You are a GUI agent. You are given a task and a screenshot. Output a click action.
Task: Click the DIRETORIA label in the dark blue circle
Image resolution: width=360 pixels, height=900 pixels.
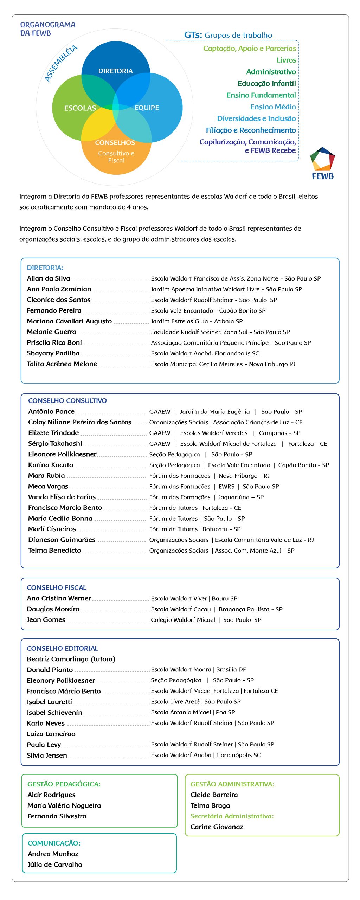point(115,71)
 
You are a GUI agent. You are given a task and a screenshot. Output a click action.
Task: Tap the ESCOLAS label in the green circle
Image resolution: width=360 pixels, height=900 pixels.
point(80,108)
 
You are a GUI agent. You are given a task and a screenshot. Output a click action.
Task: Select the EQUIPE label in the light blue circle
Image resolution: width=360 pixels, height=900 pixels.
point(147,108)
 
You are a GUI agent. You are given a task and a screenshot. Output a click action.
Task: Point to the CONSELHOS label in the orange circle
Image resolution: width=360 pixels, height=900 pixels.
point(115,143)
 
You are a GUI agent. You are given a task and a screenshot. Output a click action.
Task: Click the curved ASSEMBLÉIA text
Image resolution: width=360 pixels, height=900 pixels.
point(61,63)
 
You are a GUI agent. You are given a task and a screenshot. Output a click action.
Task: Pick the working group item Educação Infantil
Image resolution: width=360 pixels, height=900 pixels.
point(266,84)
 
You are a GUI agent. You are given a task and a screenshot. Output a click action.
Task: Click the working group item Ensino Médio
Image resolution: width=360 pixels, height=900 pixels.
point(273,107)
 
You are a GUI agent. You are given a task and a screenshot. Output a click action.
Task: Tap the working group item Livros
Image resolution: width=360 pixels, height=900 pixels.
point(286,60)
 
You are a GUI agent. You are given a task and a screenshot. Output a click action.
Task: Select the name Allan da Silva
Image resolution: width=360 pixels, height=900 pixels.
point(49,278)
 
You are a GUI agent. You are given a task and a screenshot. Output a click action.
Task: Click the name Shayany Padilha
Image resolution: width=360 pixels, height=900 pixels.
point(53,353)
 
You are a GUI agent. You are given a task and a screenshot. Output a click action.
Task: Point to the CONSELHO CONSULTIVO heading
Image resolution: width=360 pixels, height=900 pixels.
point(67,401)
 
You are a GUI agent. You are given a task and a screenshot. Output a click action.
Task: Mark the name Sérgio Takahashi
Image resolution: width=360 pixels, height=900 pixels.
point(55,444)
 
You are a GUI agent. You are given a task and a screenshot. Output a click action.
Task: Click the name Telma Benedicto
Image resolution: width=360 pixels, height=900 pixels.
point(54,551)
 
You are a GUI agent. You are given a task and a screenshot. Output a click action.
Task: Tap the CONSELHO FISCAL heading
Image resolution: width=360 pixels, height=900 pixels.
point(57,588)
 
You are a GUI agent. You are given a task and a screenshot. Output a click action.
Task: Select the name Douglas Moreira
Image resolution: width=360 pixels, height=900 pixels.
point(53,609)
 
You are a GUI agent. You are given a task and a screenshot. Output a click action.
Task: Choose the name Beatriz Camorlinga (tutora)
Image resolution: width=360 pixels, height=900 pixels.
point(71,659)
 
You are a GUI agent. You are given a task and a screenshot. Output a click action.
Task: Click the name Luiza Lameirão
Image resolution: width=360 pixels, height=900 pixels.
point(51,734)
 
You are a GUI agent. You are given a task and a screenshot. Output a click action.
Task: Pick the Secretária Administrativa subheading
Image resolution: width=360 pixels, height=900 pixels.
point(232,816)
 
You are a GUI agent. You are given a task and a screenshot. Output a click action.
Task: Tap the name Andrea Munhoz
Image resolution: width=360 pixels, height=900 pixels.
point(53,854)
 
